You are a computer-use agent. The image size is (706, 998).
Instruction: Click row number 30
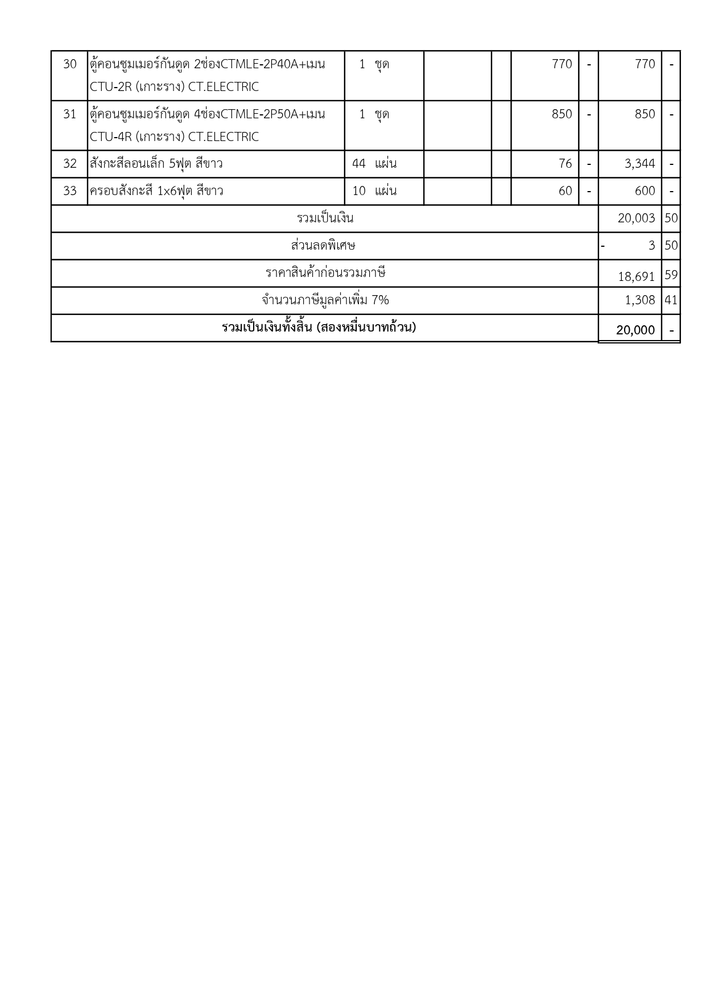(x=69, y=64)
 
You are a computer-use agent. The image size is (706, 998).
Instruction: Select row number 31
(x=69, y=114)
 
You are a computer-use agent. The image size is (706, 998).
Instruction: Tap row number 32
(x=69, y=164)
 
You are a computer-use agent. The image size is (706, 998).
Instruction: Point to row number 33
(x=69, y=191)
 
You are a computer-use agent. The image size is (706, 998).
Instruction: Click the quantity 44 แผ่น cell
(x=374, y=164)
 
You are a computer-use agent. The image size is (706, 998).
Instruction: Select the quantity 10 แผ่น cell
(x=374, y=191)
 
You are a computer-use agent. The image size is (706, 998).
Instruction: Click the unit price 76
(x=564, y=164)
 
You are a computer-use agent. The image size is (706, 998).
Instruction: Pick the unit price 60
(x=564, y=191)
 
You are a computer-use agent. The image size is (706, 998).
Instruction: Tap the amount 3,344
(x=639, y=164)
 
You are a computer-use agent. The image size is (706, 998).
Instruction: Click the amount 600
(x=645, y=191)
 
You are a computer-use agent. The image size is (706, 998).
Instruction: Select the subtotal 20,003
(x=636, y=218)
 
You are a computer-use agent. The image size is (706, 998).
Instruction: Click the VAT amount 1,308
(x=639, y=300)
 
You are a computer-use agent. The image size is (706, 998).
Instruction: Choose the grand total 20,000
(x=635, y=330)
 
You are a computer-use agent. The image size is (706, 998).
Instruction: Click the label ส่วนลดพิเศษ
(x=323, y=246)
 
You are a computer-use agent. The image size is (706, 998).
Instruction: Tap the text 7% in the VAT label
(x=380, y=300)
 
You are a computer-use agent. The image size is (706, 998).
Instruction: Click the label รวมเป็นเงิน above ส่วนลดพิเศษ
(x=325, y=218)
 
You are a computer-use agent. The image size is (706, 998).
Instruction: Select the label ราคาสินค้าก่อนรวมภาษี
(x=325, y=273)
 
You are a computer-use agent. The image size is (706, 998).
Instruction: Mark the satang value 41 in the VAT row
(x=671, y=300)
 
